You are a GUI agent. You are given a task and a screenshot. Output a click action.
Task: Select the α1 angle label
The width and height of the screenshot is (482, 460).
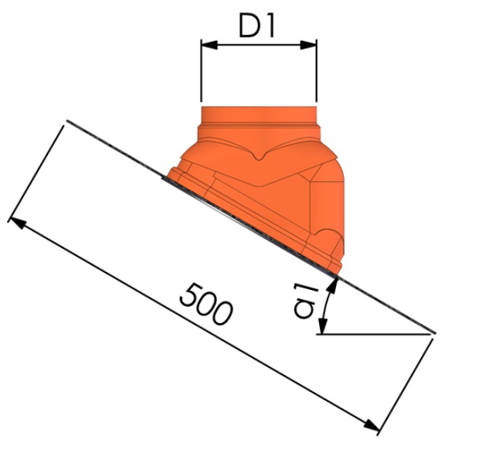coord(307,299)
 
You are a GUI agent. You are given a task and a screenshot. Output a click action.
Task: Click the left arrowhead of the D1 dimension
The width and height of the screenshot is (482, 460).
coord(205,46)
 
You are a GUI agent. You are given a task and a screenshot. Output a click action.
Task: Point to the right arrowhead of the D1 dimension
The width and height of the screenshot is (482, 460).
coord(311,46)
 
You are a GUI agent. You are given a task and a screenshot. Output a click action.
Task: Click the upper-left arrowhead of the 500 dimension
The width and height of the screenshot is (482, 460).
coord(15,223)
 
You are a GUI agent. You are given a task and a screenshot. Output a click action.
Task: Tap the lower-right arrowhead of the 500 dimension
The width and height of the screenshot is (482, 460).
coord(373,427)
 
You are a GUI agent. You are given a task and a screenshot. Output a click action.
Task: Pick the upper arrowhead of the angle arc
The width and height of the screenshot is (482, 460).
coord(333,284)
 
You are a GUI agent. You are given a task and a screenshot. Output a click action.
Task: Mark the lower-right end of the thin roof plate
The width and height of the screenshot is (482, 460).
coord(434,334)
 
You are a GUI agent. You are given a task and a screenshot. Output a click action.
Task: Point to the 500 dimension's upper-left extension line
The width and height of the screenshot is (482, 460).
coord(39,170)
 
